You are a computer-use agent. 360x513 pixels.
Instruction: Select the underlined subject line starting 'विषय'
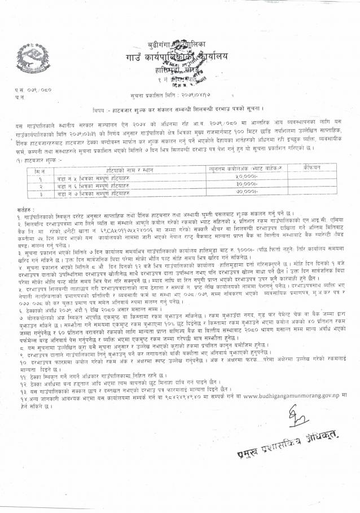[180, 108]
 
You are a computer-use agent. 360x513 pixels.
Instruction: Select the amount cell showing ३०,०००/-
[247, 184]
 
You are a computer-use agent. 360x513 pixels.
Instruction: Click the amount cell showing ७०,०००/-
[247, 192]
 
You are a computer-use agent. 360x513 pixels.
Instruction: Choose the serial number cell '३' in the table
[39, 192]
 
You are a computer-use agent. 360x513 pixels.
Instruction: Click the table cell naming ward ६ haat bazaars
[125, 184]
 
